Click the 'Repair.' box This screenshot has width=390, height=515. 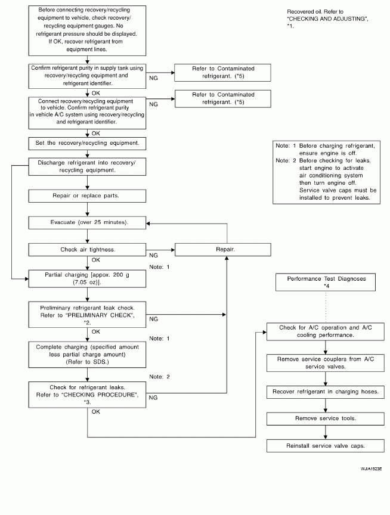(223, 250)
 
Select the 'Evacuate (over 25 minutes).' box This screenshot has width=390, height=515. (87, 223)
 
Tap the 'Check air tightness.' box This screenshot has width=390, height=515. (87, 250)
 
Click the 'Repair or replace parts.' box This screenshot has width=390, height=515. (87, 196)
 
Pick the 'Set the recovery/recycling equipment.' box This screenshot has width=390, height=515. (87, 144)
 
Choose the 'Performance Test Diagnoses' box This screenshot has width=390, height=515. (325, 282)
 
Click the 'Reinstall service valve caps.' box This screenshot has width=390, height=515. (325, 446)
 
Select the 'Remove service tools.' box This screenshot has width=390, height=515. (325, 419)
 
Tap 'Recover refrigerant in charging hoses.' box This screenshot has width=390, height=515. (325, 392)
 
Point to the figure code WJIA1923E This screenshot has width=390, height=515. (371, 469)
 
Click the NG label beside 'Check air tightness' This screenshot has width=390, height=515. (153, 256)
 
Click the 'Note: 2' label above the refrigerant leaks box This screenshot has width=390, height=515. (159, 377)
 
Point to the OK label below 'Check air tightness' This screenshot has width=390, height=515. (96, 260)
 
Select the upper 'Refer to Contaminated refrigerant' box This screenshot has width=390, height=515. (223, 73)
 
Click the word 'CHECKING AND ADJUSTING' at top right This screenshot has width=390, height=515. (327, 18)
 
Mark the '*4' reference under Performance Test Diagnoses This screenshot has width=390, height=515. (326, 286)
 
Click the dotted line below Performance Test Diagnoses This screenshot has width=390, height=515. (326, 307)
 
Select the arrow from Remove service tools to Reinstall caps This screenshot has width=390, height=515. (325, 432)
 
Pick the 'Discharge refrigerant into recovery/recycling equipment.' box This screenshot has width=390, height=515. (87, 167)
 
